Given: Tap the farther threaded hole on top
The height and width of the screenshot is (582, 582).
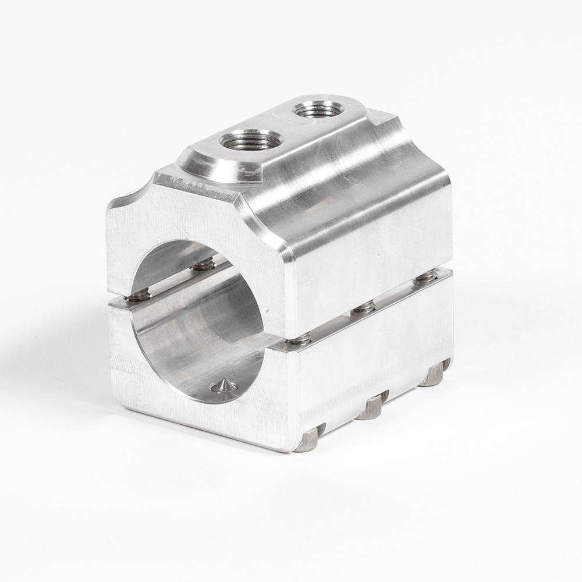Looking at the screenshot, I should tap(317, 110).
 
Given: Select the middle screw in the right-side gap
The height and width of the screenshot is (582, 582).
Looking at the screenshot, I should tap(364, 306).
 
